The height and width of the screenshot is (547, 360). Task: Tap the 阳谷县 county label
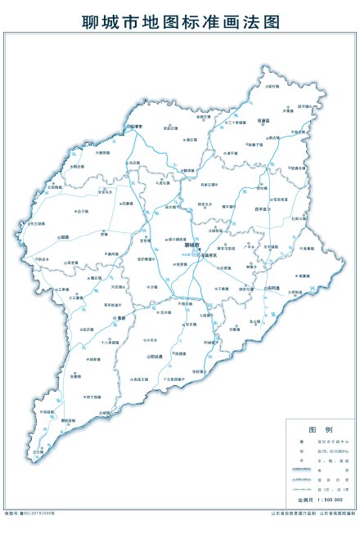(155, 356)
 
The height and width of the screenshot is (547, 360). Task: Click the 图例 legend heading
(318, 428)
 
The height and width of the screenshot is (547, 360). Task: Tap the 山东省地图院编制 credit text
(335, 515)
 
